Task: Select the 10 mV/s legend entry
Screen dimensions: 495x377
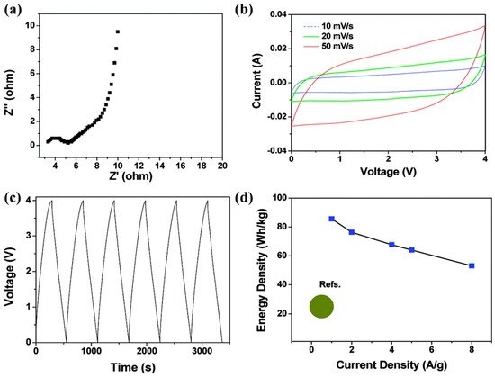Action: tap(328, 27)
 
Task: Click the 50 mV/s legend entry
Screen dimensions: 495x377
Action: tap(328, 47)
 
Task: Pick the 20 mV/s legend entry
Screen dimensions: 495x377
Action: tap(328, 36)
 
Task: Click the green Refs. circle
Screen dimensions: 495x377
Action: tap(321, 306)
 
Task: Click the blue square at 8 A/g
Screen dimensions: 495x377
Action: tap(472, 265)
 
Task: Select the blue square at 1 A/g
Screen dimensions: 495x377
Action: tap(331, 219)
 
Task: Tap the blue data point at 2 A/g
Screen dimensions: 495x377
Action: tap(352, 232)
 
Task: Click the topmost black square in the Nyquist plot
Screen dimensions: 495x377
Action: tap(118, 31)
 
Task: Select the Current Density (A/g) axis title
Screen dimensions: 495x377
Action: tap(391, 365)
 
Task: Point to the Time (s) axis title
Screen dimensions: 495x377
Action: tap(133, 367)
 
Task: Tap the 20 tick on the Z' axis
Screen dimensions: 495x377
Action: tap(222, 166)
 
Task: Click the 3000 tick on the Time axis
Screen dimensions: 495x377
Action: tap(202, 351)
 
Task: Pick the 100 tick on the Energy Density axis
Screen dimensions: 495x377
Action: tap(279, 198)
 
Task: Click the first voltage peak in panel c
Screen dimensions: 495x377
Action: tap(52, 201)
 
